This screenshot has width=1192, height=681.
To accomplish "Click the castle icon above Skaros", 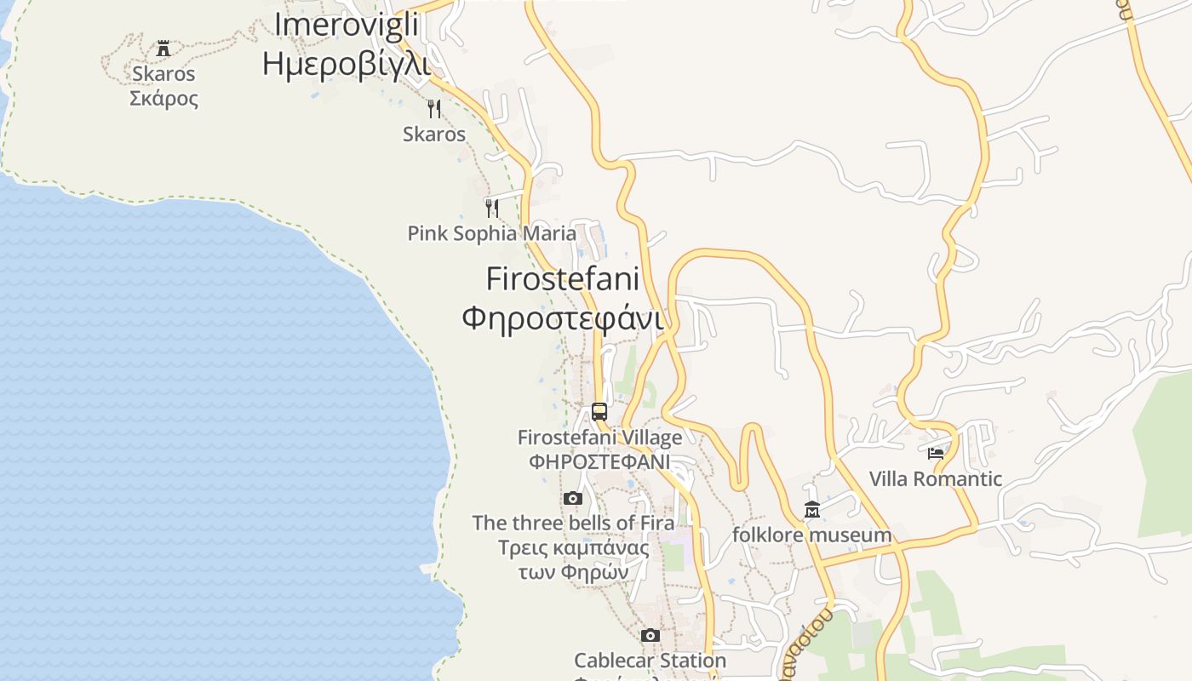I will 163,49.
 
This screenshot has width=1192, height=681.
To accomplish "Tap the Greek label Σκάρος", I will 163,98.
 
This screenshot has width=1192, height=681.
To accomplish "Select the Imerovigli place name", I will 346,25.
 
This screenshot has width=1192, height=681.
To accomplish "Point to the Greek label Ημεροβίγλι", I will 346,63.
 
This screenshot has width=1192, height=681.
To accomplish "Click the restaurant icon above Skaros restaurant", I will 434,109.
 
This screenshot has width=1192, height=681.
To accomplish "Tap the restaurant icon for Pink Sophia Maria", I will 491,209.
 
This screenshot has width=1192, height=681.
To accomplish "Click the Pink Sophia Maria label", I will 491,233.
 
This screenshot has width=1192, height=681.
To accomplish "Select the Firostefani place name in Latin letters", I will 562,278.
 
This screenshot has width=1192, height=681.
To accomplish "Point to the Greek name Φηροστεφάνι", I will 562,318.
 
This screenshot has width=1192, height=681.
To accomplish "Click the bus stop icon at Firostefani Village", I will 599,412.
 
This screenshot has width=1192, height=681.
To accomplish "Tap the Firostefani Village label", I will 599,438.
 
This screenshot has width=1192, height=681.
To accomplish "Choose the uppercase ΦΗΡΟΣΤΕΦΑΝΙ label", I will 599,461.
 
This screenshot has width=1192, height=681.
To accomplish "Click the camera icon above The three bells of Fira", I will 573,498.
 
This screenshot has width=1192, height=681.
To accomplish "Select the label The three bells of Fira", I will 573,523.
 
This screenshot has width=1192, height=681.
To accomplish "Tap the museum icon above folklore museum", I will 811,510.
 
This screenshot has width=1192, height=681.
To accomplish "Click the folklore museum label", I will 811,535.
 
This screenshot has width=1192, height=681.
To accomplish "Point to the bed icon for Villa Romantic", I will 936,454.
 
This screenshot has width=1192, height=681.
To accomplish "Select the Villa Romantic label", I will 936,479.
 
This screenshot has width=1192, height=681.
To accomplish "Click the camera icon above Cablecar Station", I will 650,635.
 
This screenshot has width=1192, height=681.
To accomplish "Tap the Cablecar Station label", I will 650,661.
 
